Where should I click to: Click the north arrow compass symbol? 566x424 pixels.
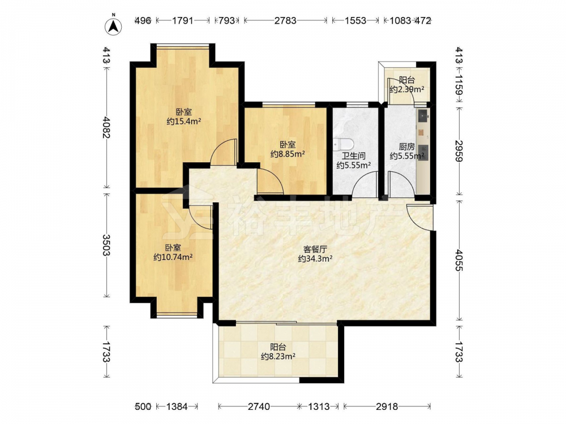coord(113,25)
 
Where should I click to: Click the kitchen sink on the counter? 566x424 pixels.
coord(423,116)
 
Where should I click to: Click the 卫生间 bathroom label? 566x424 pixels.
coord(354,156)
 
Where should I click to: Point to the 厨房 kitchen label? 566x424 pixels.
coord(407,147)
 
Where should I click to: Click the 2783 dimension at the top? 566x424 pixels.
coord(285,20)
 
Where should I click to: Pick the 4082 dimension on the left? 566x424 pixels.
coord(106,127)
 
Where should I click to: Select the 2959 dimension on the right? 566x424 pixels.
coord(459,151)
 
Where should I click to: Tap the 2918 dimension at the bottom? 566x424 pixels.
coord(387,406)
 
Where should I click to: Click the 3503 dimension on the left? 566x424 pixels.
coord(106,245)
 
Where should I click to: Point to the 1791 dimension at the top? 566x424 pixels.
coord(183,20)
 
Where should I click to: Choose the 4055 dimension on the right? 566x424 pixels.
coord(459,260)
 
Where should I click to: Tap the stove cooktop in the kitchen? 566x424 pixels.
coord(423,152)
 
